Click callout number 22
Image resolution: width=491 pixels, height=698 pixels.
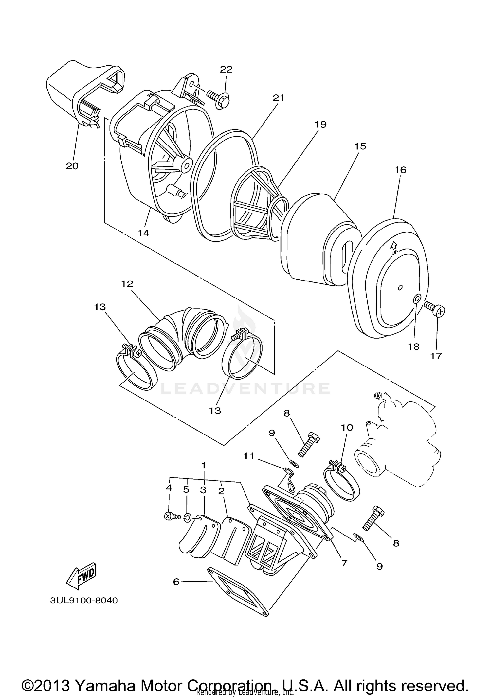[x=226, y=69]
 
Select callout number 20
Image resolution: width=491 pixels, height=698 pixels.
[x=72, y=166]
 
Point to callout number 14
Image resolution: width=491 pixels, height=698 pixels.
[x=143, y=233]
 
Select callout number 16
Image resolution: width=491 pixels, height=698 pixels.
[x=400, y=170]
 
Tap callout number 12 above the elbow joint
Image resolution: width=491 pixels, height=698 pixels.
[x=127, y=284]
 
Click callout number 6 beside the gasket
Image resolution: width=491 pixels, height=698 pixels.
[x=176, y=582]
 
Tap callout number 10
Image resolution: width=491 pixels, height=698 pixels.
[x=347, y=427]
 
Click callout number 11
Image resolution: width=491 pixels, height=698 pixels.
[x=249, y=456]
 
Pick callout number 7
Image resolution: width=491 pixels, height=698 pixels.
[x=344, y=563]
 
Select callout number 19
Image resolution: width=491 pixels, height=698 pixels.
[x=320, y=124]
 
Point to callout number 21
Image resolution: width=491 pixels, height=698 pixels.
[x=279, y=98]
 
